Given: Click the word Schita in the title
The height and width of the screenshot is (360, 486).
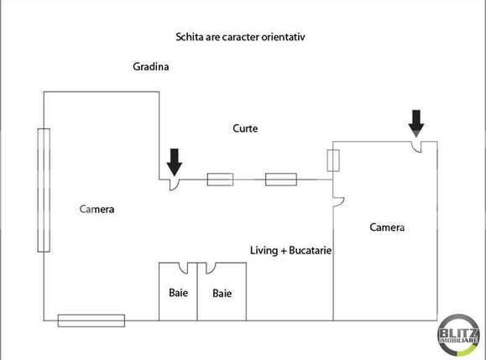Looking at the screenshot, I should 190,37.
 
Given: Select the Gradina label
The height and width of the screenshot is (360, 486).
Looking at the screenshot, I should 151,66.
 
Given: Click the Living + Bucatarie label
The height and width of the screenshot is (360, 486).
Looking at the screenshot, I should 291,250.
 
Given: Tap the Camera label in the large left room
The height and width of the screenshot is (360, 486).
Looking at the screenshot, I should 97,209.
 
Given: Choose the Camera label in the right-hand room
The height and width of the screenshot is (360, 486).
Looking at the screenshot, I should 387,227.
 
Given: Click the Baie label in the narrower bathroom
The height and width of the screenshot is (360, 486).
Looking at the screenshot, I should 178,293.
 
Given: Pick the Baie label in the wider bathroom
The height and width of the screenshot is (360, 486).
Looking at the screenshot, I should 222,294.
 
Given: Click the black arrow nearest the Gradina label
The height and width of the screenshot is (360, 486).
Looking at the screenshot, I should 174,160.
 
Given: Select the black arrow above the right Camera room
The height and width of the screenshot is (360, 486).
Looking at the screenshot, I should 416,123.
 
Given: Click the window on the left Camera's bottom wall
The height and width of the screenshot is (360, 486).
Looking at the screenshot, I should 91,320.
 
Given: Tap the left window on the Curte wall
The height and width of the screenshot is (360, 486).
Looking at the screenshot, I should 220,179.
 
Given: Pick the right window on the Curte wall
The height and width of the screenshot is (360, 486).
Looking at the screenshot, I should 280,179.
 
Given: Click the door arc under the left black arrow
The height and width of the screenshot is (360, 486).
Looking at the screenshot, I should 173,184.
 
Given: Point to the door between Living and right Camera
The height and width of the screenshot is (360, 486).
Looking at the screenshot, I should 338,199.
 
